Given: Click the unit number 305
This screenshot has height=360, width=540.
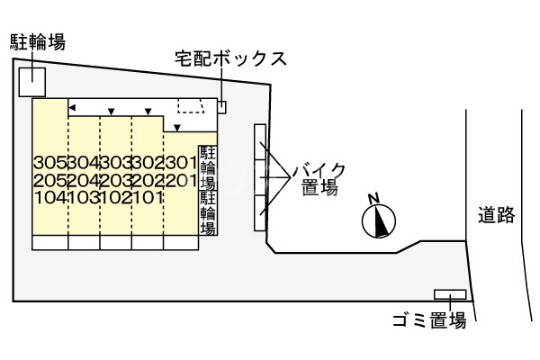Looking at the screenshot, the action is [x=50, y=163].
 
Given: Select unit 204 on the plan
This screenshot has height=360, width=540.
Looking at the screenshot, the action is [x=83, y=180].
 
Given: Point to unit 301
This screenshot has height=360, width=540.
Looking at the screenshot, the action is [x=180, y=163].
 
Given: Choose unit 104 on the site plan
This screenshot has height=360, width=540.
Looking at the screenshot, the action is [x=50, y=197].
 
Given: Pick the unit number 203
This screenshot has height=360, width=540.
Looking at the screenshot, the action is [x=115, y=180].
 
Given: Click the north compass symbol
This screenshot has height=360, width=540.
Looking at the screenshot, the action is [x=380, y=219].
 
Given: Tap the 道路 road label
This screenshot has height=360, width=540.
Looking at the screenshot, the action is [x=496, y=215].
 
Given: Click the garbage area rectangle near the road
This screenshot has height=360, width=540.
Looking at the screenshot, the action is [x=449, y=295].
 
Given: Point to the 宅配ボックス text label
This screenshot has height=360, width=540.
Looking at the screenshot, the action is [x=230, y=59].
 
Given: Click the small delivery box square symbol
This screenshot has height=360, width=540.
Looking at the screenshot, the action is [x=222, y=107].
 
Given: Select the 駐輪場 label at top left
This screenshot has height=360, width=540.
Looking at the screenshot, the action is [x=38, y=41].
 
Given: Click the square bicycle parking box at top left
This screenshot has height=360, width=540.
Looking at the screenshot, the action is [x=32, y=80].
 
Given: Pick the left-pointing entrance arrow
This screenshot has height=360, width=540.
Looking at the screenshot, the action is [x=72, y=109].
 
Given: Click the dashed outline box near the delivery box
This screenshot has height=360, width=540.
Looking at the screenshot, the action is [x=191, y=106].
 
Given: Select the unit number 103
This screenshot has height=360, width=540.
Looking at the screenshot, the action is [x=83, y=197].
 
